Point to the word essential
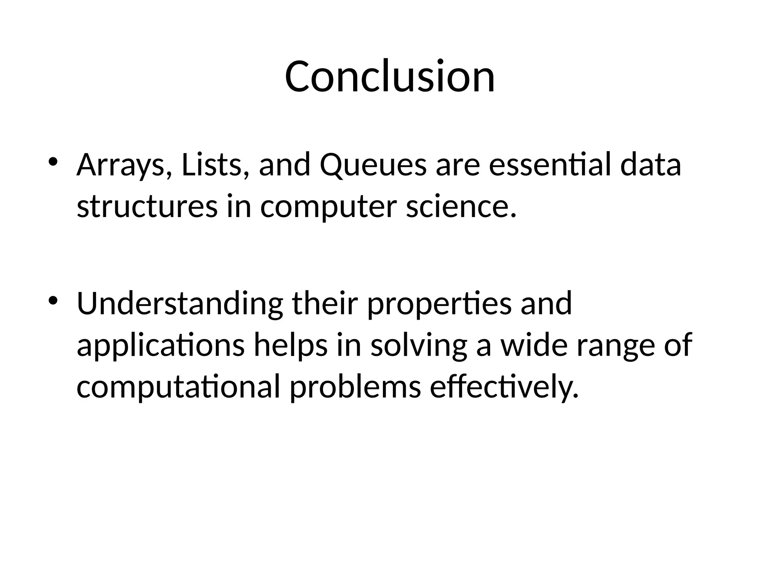[x=550, y=165]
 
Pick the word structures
[x=147, y=207]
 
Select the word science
[x=461, y=207]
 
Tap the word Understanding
[x=180, y=304]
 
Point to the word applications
[x=161, y=346]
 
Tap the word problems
[x=355, y=386]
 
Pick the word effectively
[x=504, y=387]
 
